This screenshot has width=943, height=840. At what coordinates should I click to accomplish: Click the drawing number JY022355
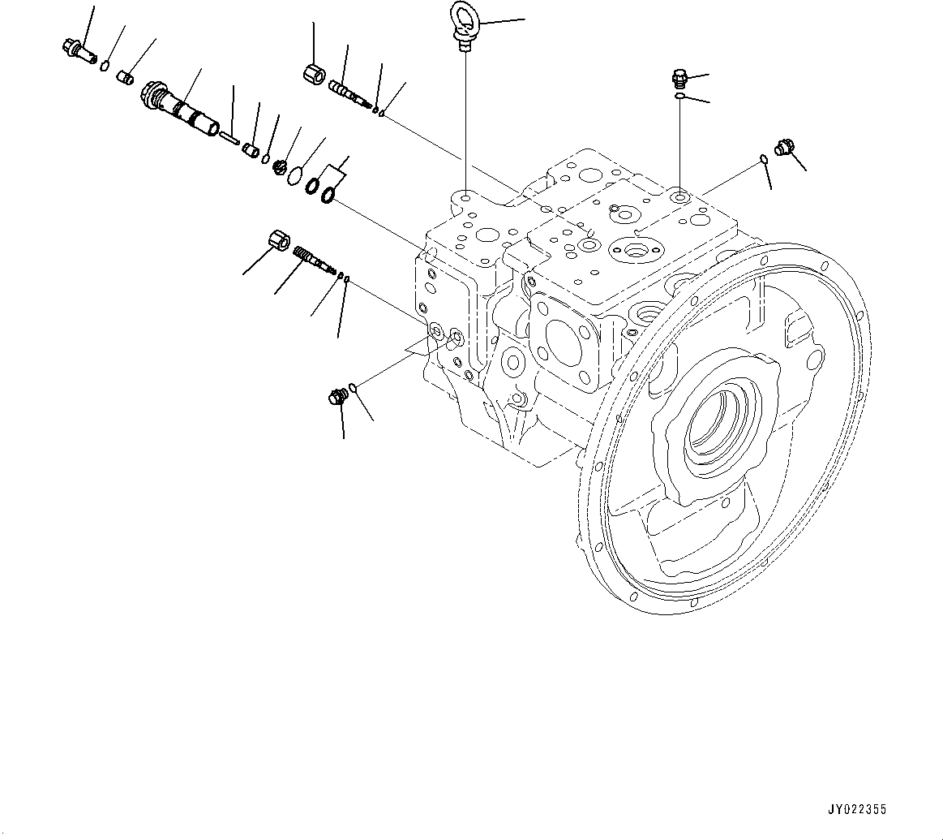[x=857, y=809]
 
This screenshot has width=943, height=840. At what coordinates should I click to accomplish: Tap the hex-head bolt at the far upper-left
[x=74, y=48]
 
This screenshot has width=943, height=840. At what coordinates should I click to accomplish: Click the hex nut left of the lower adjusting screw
[x=278, y=241]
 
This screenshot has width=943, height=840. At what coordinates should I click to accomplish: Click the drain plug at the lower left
[x=336, y=397]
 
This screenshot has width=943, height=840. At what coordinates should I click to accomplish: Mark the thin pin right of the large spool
[x=228, y=139]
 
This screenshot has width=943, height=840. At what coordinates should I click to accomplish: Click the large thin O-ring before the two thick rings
[x=296, y=174]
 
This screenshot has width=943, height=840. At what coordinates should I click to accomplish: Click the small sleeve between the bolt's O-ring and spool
[x=126, y=77]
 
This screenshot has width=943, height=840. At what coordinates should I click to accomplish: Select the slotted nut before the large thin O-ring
[x=280, y=166]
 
